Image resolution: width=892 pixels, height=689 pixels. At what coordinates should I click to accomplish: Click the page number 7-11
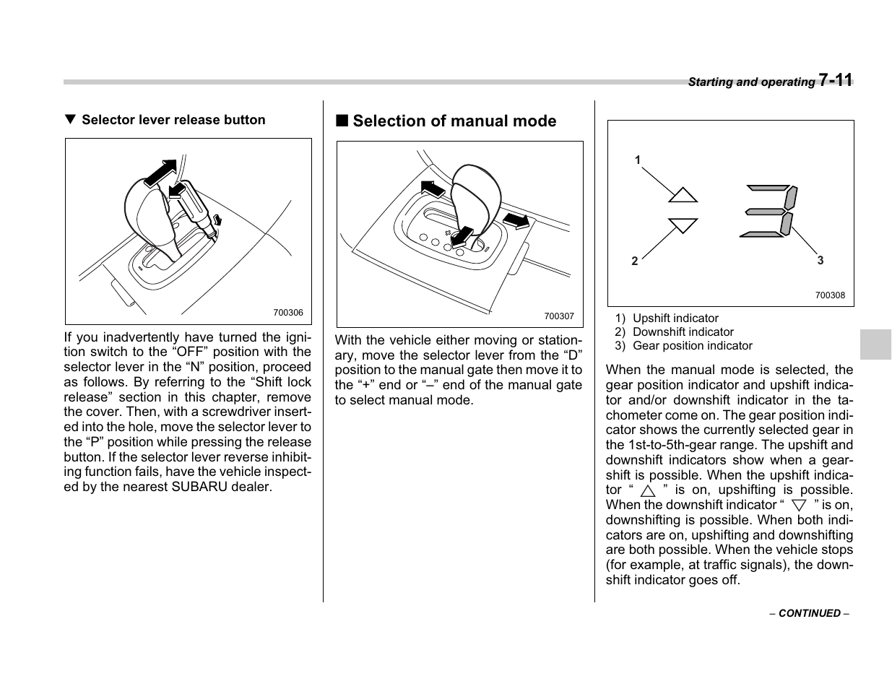coord(836,80)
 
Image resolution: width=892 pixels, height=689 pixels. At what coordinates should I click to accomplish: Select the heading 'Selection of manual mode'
coord(454,121)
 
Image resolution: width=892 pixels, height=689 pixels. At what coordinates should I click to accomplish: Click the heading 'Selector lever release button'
coord(173,120)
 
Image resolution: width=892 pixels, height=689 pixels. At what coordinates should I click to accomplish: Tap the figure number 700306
coord(288,313)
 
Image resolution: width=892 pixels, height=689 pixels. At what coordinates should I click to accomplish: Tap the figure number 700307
coord(558,316)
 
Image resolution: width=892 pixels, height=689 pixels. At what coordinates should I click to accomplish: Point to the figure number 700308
coord(830,295)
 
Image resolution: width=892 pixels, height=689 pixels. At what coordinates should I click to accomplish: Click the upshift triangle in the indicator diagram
coord(683,195)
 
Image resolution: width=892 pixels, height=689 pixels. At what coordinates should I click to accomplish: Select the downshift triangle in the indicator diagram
coord(683,225)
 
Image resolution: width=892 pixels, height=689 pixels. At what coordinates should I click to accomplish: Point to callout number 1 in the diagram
coord(638,160)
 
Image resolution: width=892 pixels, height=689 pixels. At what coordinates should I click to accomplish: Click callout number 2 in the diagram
coord(635,261)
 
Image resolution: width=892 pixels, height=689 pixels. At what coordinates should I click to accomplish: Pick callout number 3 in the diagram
coord(820,260)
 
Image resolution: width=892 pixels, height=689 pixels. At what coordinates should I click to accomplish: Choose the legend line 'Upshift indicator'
coord(675,318)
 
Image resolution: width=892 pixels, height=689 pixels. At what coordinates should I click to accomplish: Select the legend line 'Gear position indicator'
coord(691,346)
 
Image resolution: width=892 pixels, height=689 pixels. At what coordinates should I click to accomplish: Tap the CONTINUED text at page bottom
coord(809,613)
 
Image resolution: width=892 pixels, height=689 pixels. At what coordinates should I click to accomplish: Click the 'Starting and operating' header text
coord(751,82)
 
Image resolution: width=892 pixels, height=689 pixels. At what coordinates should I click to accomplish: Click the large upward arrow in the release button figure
coord(160,173)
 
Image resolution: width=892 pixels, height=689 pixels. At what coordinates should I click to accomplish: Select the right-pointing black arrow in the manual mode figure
coord(516,220)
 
